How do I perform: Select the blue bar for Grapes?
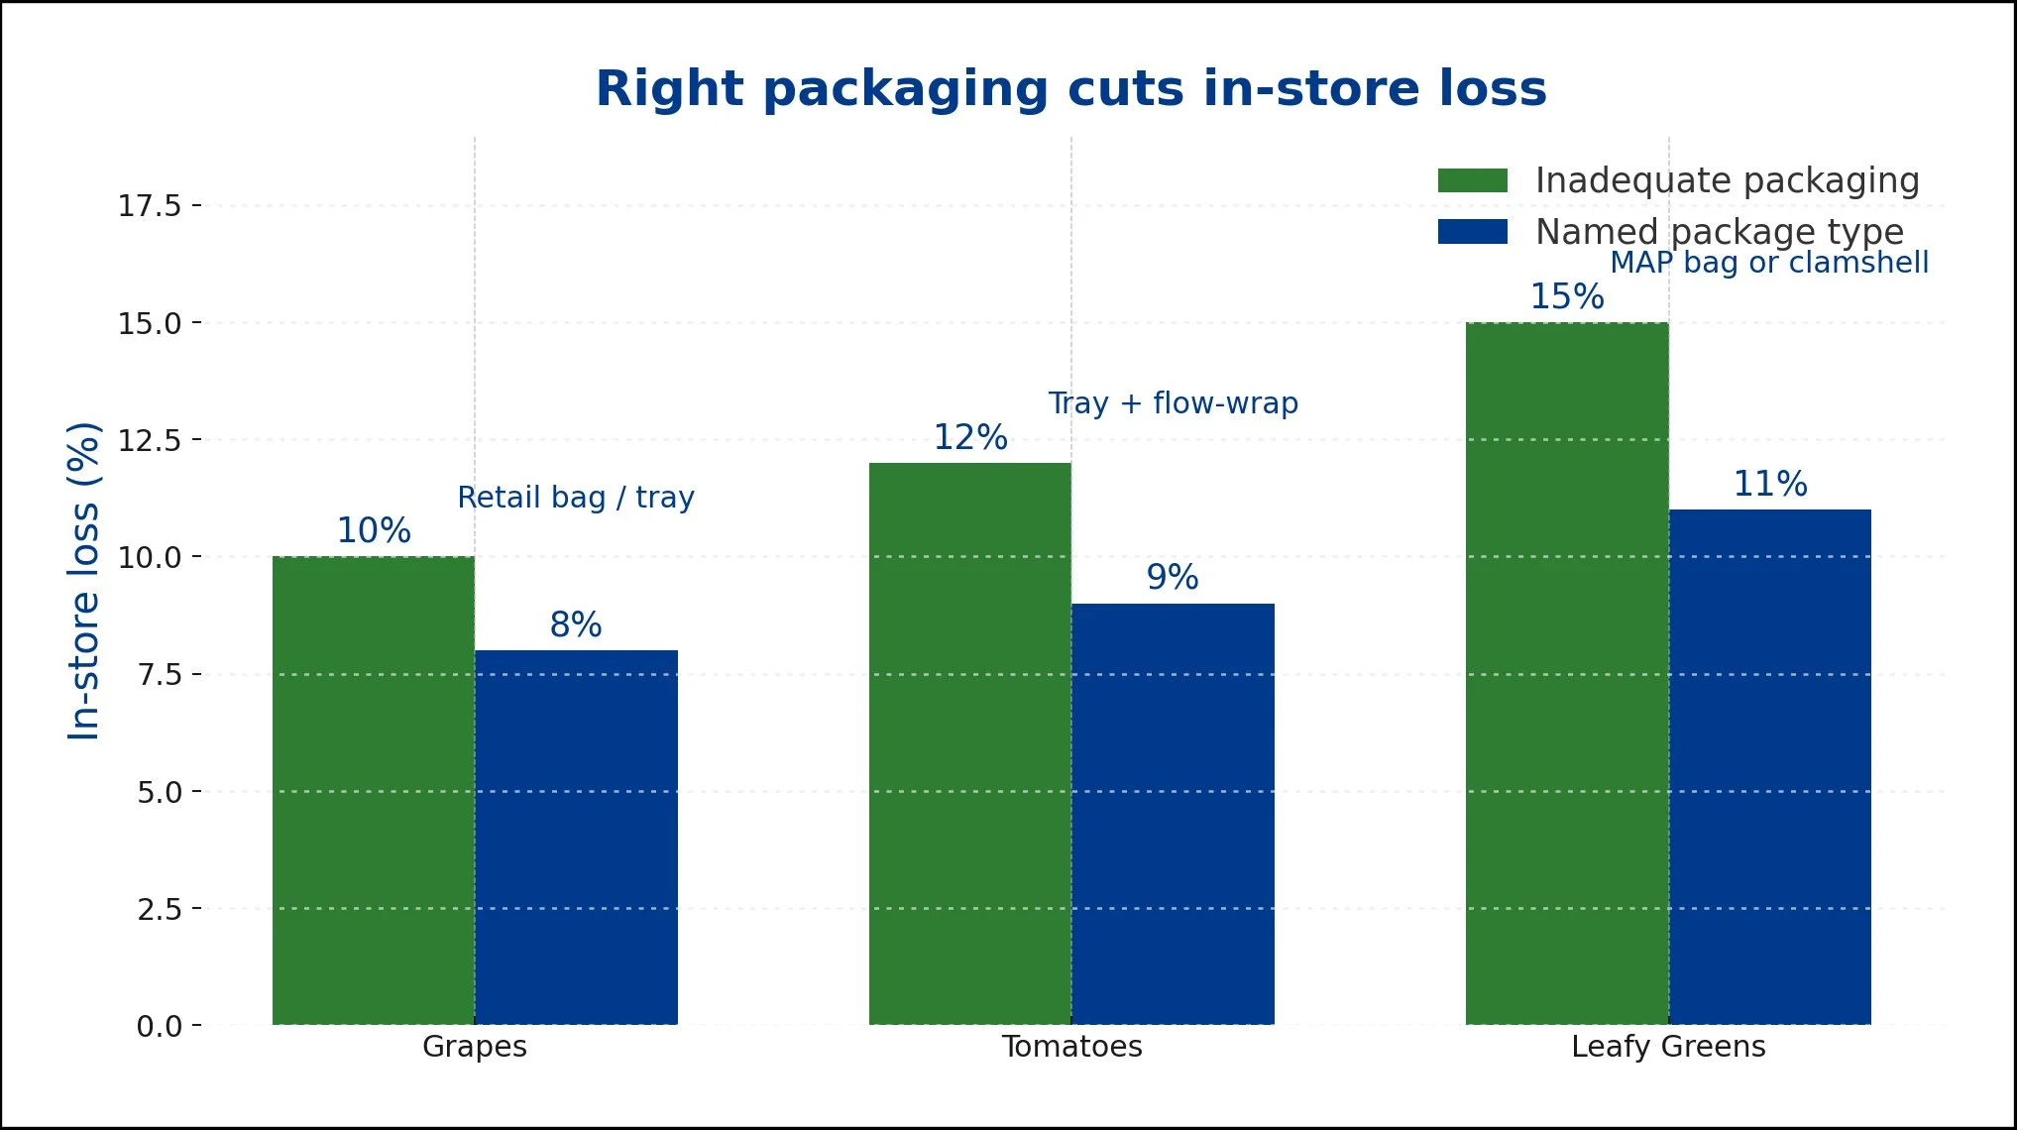[576, 838]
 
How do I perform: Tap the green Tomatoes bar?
[969, 743]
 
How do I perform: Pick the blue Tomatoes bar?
[1173, 814]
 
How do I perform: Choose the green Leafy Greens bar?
[1566, 673]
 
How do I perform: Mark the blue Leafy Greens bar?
[1769, 767]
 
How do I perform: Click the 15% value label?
[1566, 296]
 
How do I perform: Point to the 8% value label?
[576, 624]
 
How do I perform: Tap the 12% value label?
[969, 437]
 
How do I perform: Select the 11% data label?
[1769, 484]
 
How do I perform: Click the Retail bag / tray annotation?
[576, 497]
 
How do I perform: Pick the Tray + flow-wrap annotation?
[1173, 403]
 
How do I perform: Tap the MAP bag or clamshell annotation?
[1769, 263]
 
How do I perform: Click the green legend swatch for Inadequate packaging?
[1472, 180]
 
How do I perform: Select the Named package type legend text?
[1719, 232]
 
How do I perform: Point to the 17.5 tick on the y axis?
[150, 206]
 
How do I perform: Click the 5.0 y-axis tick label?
[159, 792]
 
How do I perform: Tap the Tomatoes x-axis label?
[1071, 1047]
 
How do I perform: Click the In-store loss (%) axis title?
[84, 581]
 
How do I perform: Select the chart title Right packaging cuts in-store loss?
[1070, 89]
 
